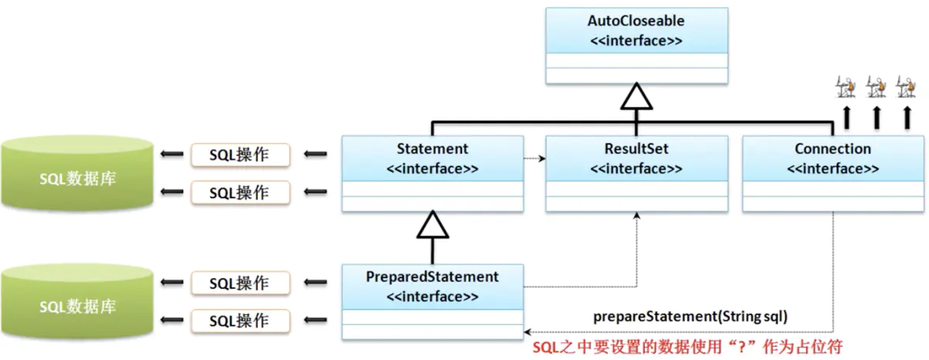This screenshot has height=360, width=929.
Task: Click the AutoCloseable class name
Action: tap(636, 21)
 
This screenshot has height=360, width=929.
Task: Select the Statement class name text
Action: tap(432, 149)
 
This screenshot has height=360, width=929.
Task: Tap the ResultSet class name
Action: tap(636, 149)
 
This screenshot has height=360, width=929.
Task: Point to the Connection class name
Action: tap(832, 149)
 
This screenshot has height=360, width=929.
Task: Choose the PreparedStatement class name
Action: tap(432, 276)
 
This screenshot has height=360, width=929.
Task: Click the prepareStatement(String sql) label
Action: tap(691, 317)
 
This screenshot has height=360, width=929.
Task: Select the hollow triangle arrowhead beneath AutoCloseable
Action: tap(636, 98)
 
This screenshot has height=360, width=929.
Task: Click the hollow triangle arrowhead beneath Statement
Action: tap(432, 226)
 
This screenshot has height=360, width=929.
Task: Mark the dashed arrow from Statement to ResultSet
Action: tap(534, 159)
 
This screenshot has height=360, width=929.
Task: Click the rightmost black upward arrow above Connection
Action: tap(907, 117)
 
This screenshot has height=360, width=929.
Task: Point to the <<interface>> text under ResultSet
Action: tap(636, 168)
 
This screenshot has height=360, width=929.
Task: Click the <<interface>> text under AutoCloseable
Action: tap(636, 40)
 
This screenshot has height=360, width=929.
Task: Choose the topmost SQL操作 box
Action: tap(239, 155)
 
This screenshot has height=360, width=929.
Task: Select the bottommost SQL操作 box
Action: tap(239, 320)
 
